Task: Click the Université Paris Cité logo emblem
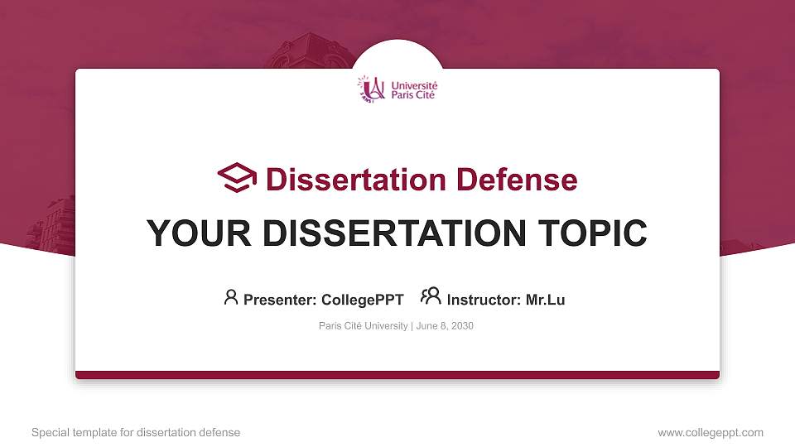pos(371,89)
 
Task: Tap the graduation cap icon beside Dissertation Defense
pos(237,178)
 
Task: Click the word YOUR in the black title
pos(187,233)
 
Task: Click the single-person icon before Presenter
pos(231,297)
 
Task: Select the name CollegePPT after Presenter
pos(362,300)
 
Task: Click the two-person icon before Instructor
pos(431,297)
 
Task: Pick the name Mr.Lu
pos(545,300)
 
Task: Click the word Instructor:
pos(484,300)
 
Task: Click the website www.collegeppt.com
pos(711,433)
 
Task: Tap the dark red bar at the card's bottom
pos(397,375)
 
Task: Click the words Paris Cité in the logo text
pos(412,94)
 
